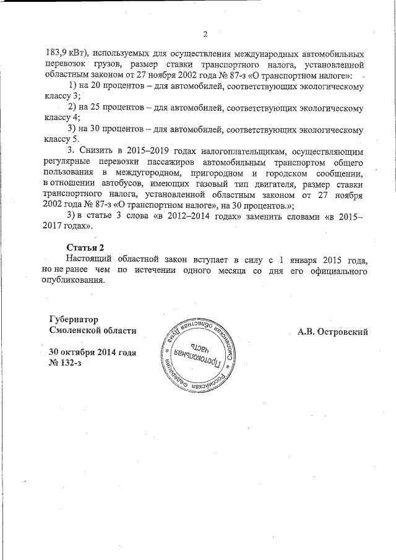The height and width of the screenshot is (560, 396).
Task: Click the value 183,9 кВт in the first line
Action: coord(69,53)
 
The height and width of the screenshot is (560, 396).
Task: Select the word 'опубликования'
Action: coord(78,279)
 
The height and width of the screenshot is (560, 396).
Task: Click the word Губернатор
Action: coord(74,320)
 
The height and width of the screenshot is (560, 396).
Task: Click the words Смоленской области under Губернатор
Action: coord(92,331)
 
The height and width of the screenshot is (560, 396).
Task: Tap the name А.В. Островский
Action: coord(333,332)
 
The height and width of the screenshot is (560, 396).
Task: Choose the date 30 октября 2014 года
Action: coord(92,352)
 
